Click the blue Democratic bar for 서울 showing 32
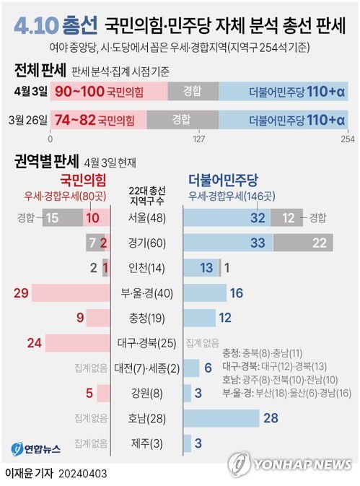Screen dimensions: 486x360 click(228, 217)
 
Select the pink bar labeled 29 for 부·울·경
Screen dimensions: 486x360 click(61, 292)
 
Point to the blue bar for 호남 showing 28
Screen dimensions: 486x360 click(221, 418)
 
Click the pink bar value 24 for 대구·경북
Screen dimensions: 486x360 click(34, 343)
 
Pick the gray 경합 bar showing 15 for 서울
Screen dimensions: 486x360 click(61, 217)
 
